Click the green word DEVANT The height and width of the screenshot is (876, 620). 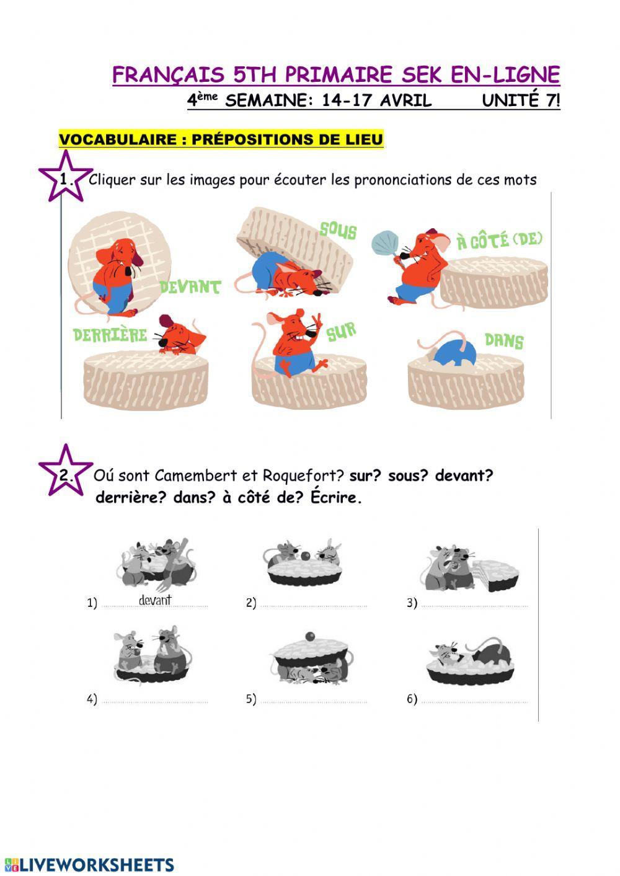point(190,287)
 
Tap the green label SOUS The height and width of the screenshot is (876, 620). point(338,231)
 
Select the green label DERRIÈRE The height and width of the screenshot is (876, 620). point(110,335)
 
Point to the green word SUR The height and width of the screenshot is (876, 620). point(342,332)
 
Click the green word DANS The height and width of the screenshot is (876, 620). point(503,340)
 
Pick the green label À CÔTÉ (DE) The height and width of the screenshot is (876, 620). point(500,240)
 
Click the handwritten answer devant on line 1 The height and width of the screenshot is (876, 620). point(155,600)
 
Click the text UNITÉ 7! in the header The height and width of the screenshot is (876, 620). point(521,101)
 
